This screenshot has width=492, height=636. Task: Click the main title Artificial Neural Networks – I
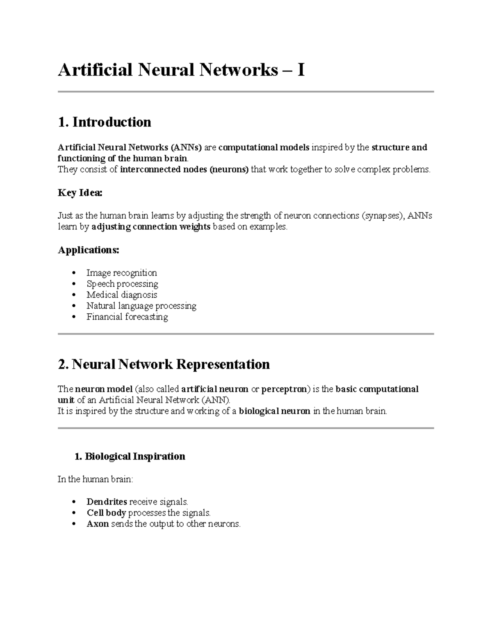click(x=181, y=70)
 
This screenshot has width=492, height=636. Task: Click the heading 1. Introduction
click(x=105, y=122)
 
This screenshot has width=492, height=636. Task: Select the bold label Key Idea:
click(x=80, y=193)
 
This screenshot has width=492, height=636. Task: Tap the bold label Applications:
click(x=89, y=250)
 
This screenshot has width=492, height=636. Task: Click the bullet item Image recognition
click(x=121, y=273)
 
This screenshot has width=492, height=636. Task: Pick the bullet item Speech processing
click(x=122, y=284)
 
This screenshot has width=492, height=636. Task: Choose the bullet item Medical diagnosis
click(x=122, y=295)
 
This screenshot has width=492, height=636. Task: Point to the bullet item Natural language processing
click(x=141, y=306)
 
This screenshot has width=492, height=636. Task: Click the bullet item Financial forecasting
click(x=127, y=317)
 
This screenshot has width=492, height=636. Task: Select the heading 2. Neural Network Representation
click(x=164, y=364)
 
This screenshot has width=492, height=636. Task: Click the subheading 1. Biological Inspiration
click(x=130, y=456)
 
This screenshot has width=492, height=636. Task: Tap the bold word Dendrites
click(x=107, y=502)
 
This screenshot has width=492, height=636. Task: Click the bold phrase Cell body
click(x=106, y=513)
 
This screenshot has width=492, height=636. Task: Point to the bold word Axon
click(x=98, y=524)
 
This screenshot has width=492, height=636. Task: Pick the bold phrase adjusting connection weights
click(x=151, y=227)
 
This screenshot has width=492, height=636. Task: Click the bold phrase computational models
click(x=264, y=147)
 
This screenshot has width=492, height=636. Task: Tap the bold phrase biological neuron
click(x=274, y=411)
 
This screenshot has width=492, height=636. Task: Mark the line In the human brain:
click(x=95, y=479)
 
